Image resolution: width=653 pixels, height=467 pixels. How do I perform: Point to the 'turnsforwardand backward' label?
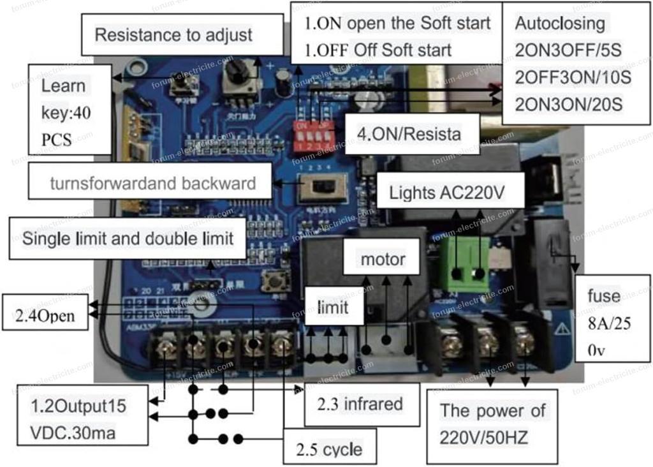click(x=153, y=184)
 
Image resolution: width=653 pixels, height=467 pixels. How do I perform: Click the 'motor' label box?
click(x=383, y=259)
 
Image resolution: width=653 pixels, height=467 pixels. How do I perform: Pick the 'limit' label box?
click(x=333, y=308)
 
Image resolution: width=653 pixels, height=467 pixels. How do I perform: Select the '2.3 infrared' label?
click(x=361, y=404)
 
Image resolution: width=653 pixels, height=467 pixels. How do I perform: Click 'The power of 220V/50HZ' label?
click(x=492, y=423)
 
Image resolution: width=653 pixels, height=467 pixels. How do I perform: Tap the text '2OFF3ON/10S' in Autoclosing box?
click(x=573, y=78)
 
